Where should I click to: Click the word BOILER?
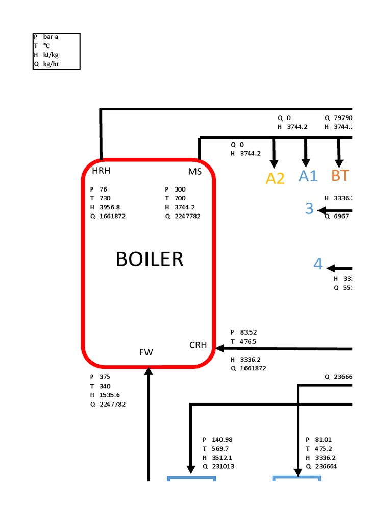pyautogui.click(x=149, y=259)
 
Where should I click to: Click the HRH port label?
pyautogui.click(x=101, y=171)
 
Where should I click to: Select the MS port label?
pyautogui.click(x=195, y=171)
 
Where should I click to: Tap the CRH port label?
pyautogui.click(x=198, y=345)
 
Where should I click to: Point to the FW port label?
pyautogui.click(x=146, y=352)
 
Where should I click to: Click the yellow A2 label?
pyautogui.click(x=275, y=178)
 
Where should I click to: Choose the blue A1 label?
pyautogui.click(x=308, y=176)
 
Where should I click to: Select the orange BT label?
pyautogui.click(x=340, y=175)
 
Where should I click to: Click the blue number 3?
pyautogui.click(x=309, y=208)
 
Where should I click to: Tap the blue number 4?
pyautogui.click(x=318, y=264)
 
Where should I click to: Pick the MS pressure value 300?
pyautogui.click(x=180, y=189)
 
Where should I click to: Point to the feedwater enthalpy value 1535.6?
pyautogui.click(x=110, y=395)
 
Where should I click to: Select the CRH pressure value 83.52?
pyautogui.click(x=249, y=332)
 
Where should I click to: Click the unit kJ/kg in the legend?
pyautogui.click(x=51, y=55)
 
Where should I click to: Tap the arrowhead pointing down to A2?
pyautogui.click(x=274, y=163)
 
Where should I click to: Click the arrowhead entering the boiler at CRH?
pyautogui.click(x=220, y=349)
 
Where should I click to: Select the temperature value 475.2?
pyautogui.click(x=321, y=449)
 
